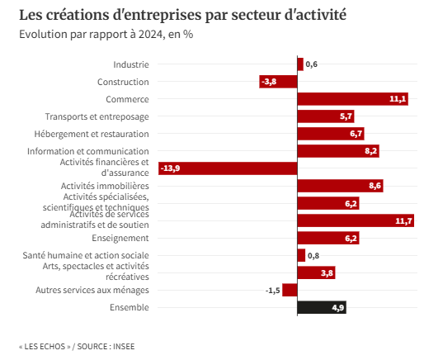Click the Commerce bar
(352, 99)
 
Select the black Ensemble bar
(322, 307)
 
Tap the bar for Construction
(278, 82)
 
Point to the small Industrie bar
(300, 64)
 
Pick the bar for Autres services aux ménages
(290, 290)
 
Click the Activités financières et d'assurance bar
(228, 168)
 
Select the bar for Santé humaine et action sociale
(301, 255)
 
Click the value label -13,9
(171, 168)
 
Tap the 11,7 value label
(403, 220)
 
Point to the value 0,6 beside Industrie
(312, 64)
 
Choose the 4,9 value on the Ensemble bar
(338, 307)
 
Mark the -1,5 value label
(272, 290)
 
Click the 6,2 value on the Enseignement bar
(351, 238)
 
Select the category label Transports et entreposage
(97, 116)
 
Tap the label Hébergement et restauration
(92, 134)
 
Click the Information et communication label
(88, 151)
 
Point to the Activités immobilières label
(105, 186)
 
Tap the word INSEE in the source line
(124, 347)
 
